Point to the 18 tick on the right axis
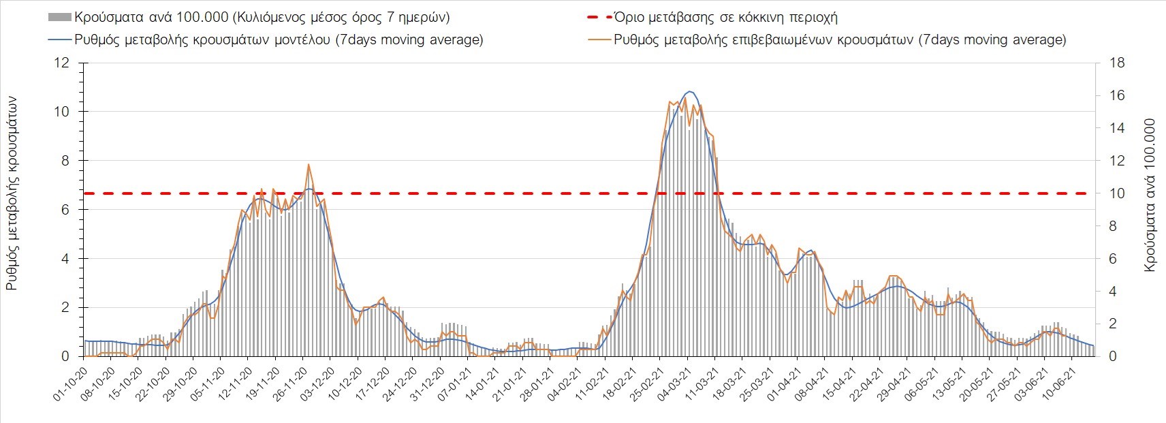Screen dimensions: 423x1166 coord(1117,63)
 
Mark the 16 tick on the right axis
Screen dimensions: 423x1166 coord(1117,95)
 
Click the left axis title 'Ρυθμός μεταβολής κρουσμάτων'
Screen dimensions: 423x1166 coord(12,193)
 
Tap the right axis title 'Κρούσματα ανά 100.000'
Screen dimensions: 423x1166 coord(1150,196)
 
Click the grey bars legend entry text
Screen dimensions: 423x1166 coord(262,17)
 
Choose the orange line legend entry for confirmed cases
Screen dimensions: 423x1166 coord(840,40)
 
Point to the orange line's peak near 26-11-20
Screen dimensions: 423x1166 coord(309,164)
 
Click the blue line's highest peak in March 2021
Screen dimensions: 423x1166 coord(689,91)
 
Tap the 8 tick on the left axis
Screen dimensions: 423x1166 coord(65,161)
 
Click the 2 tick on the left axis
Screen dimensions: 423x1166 coord(65,308)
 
